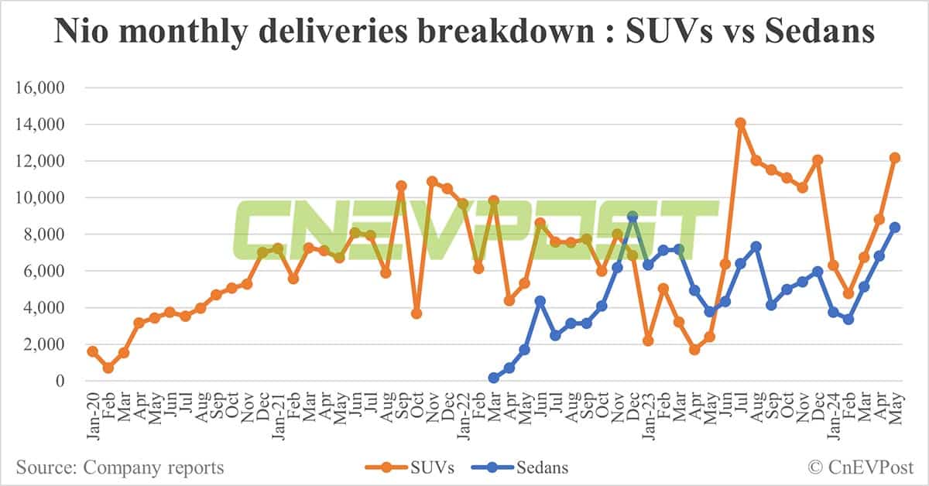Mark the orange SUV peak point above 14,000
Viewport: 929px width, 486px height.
click(740, 122)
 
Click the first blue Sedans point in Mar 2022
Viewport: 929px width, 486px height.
click(494, 378)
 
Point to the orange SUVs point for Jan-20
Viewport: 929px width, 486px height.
click(93, 351)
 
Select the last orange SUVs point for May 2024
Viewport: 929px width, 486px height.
click(894, 158)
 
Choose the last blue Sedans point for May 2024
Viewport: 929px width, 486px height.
click(894, 228)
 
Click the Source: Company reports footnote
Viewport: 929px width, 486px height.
click(120, 467)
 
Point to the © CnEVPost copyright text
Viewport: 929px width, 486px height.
click(861, 467)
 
